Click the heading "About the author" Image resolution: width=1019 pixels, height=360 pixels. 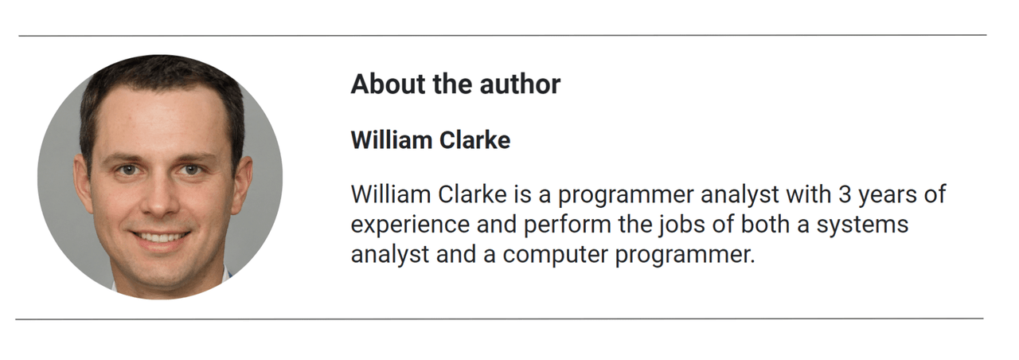455,84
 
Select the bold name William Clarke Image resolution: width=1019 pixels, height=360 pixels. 431,139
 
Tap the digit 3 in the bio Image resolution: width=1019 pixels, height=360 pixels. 845,194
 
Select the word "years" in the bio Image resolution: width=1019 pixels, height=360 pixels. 887,196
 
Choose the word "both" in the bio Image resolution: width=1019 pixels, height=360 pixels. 765,224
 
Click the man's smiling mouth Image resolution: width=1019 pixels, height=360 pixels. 160,237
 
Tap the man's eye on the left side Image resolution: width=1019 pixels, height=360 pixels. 128,170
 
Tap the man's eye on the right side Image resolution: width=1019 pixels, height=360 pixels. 192,170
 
